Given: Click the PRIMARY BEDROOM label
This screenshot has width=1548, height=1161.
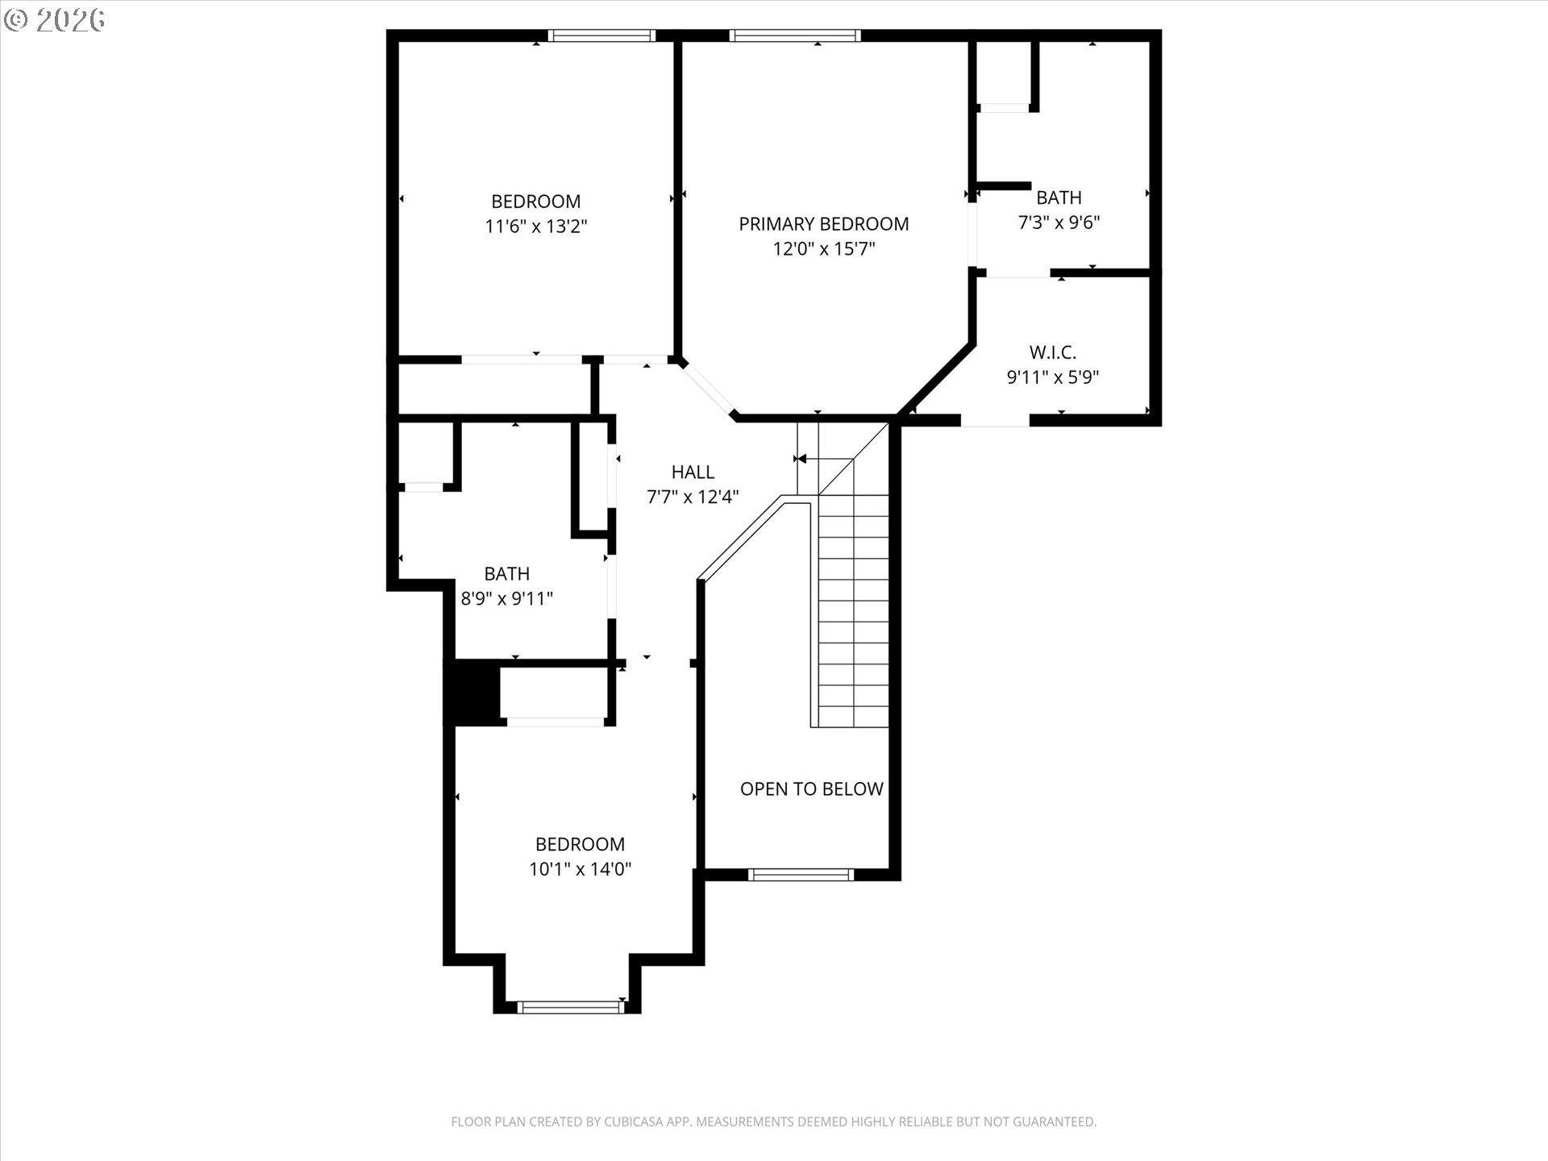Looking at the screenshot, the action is [823, 223].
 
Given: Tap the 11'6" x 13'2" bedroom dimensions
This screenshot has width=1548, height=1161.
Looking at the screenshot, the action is [535, 227].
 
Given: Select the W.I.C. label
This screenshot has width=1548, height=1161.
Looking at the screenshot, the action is [1052, 352].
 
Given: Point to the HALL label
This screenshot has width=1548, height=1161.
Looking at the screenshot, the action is [693, 472].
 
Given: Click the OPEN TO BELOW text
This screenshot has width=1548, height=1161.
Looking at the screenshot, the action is [811, 789].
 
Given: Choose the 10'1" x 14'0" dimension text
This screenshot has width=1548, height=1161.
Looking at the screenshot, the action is [580, 869].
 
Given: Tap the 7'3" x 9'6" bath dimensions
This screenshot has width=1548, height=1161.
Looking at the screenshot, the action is [1059, 223].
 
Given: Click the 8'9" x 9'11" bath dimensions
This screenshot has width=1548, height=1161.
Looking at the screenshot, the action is [506, 599].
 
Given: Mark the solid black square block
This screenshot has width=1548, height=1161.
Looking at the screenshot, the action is [472, 692].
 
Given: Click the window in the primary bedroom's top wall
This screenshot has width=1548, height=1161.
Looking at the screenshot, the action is [795, 35].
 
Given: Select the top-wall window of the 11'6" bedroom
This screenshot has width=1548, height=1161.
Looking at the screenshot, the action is [601, 35].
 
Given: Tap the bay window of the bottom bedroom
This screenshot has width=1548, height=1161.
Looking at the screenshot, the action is [570, 1007].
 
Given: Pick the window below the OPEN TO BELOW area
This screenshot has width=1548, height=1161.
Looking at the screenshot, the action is [801, 875].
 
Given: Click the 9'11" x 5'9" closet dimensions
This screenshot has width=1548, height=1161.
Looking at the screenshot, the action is [1052, 377].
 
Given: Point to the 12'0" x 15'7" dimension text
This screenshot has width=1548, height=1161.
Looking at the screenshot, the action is [823, 248].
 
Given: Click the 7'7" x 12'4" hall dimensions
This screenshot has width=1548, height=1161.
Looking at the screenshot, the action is [693, 497].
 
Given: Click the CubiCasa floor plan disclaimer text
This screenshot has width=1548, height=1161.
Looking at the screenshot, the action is [773, 1121].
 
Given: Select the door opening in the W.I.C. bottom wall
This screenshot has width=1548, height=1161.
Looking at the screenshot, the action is [996, 420].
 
